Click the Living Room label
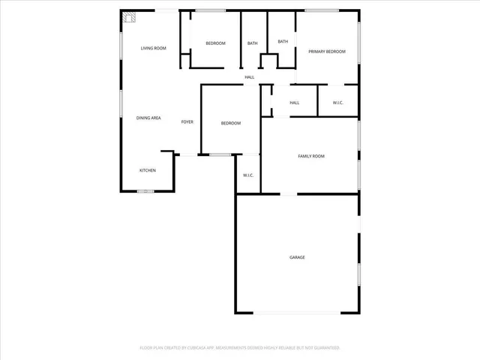pos(153,49)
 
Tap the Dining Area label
pos(148,118)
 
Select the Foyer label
pos(187,121)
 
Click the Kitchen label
pos(148,171)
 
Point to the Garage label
pos(297,257)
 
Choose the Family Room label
pos(310,156)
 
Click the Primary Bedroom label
pos(327,51)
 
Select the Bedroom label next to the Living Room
pos(215,43)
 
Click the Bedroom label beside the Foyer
pos(230,123)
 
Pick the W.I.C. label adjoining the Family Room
pos(248,175)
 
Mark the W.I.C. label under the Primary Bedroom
pos(337,103)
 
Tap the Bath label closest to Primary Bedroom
pos(283,42)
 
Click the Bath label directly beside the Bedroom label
pos(253,43)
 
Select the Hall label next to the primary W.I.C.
pos(295,103)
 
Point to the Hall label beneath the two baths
pos(250,77)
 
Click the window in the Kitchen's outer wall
pos(145,191)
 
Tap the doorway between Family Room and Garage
pos(288,194)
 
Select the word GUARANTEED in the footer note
pos(324,348)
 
